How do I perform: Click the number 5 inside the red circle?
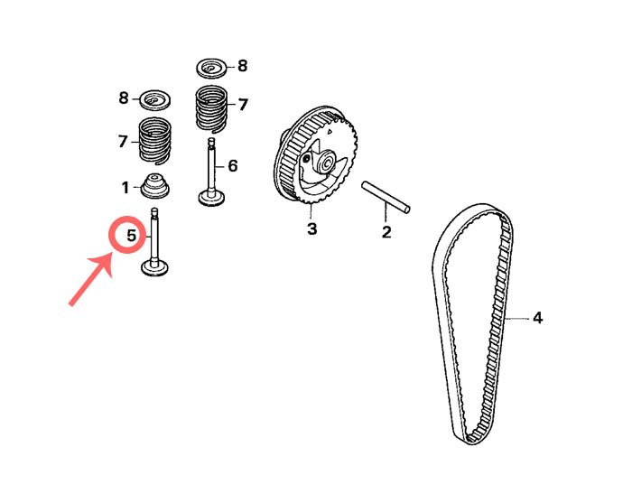click(132, 235)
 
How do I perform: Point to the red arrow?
click(90, 280)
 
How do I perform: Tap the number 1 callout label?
click(125, 188)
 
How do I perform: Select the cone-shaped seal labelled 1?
click(154, 186)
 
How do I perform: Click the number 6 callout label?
click(233, 165)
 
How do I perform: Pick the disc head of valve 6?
click(211, 199)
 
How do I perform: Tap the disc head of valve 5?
click(154, 268)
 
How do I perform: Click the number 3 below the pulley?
click(312, 228)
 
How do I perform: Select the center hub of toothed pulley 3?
click(326, 163)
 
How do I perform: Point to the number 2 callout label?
click(386, 232)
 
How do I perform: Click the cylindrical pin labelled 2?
click(386, 197)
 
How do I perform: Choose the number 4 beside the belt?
click(538, 318)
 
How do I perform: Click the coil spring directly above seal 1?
click(155, 141)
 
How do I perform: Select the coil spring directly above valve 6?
click(211, 109)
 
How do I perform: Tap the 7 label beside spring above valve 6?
click(243, 105)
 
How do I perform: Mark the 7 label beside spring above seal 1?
click(123, 142)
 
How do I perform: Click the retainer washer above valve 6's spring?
click(212, 68)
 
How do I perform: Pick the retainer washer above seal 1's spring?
click(154, 100)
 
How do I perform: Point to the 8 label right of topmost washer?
click(242, 66)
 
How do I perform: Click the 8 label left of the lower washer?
click(124, 98)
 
